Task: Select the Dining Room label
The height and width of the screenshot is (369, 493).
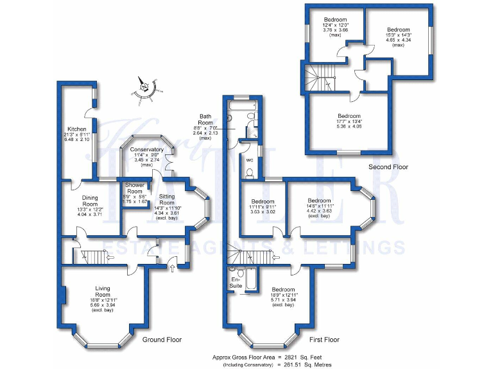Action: (89, 201)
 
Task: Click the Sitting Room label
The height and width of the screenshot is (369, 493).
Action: (167, 199)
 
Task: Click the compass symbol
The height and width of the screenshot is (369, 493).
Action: (149, 88)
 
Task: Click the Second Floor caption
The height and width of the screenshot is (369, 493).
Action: (388, 167)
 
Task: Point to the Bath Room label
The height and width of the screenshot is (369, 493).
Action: (205, 119)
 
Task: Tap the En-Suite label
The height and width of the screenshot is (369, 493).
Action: (236, 281)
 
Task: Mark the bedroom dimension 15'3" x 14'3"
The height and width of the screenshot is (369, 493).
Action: (397, 37)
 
